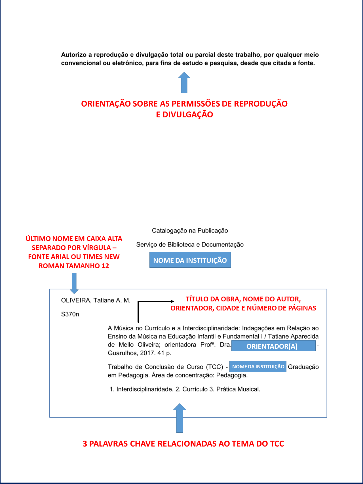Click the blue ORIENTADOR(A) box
click(273, 346)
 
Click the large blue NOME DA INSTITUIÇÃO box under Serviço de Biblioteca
click(190, 260)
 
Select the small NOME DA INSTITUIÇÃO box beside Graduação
click(258, 367)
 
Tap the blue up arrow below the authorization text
click(184, 83)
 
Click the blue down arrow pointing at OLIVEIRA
click(74, 283)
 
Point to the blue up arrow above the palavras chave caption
click(180, 418)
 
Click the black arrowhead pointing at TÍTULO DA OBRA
click(172, 301)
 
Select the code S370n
click(70, 314)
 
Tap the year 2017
click(147, 353)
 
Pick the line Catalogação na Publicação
click(190, 231)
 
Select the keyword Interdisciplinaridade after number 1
click(144, 389)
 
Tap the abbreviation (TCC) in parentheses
click(214, 367)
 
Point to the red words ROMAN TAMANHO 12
click(74, 266)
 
